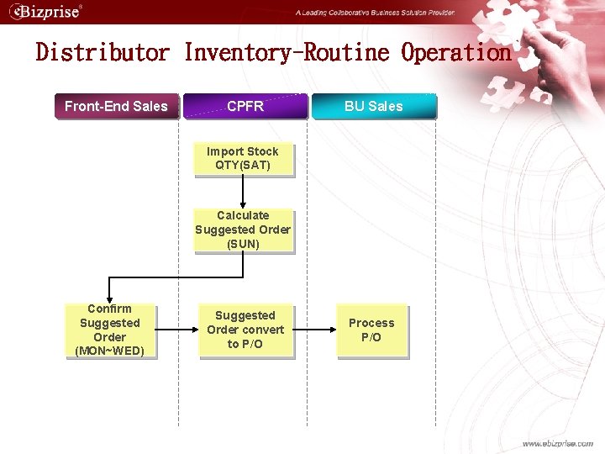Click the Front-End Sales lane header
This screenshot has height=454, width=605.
pos(116,106)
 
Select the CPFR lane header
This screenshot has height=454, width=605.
pos(245,106)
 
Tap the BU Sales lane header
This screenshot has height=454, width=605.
pos(374,106)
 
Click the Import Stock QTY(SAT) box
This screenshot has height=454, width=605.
pos(243,158)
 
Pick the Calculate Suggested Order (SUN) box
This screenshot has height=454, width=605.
pos(243,230)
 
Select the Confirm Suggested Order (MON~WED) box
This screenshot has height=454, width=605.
pos(110,330)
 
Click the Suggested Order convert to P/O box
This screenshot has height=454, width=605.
pos(245,330)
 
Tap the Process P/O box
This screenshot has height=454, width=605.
pos(371,330)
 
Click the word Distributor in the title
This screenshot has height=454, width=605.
pos(103,53)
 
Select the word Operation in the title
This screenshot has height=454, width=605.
pos(456,53)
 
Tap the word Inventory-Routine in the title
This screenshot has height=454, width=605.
pos(287,53)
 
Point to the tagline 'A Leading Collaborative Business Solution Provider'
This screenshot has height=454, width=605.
pos(375,13)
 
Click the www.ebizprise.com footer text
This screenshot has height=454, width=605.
pos(557,443)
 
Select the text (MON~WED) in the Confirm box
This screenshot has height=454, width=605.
pos(110,351)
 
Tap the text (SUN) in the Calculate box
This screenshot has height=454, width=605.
pos(243,244)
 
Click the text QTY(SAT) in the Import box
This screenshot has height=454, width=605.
pos(243,165)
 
